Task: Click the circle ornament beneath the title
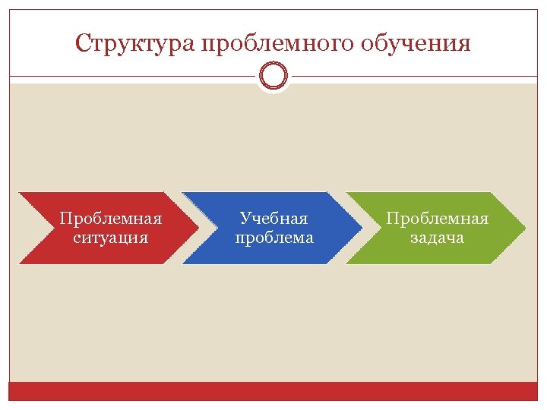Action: tap(273, 76)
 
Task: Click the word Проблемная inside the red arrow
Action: tap(111, 219)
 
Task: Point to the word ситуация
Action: tap(111, 238)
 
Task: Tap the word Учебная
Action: tap(273, 219)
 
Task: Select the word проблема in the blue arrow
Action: tap(273, 238)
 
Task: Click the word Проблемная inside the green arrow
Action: tap(437, 219)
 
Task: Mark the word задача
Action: tap(437, 238)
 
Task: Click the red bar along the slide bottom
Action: tap(273, 390)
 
